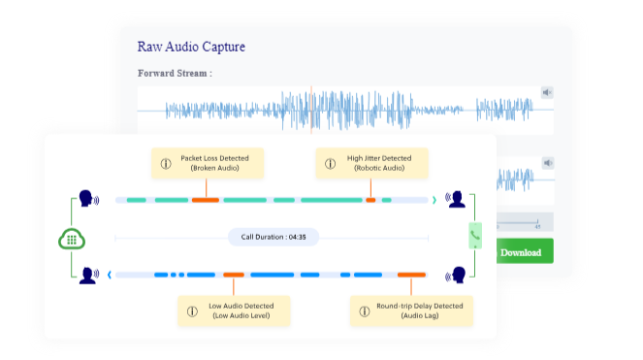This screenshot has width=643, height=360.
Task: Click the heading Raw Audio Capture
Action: point(192,47)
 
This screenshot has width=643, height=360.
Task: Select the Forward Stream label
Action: point(176,74)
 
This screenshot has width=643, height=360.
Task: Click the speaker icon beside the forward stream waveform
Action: point(547,93)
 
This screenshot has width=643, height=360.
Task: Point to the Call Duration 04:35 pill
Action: point(273,237)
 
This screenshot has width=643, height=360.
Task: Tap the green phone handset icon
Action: point(475,236)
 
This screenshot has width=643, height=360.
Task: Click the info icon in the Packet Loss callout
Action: point(165,163)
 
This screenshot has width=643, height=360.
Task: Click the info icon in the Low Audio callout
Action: point(192,311)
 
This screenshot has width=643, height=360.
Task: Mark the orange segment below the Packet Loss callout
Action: point(205,200)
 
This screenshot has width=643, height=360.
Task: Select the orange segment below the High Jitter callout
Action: point(370,200)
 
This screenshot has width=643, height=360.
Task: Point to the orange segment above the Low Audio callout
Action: point(234,275)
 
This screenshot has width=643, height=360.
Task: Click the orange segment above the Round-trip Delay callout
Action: point(410,275)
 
